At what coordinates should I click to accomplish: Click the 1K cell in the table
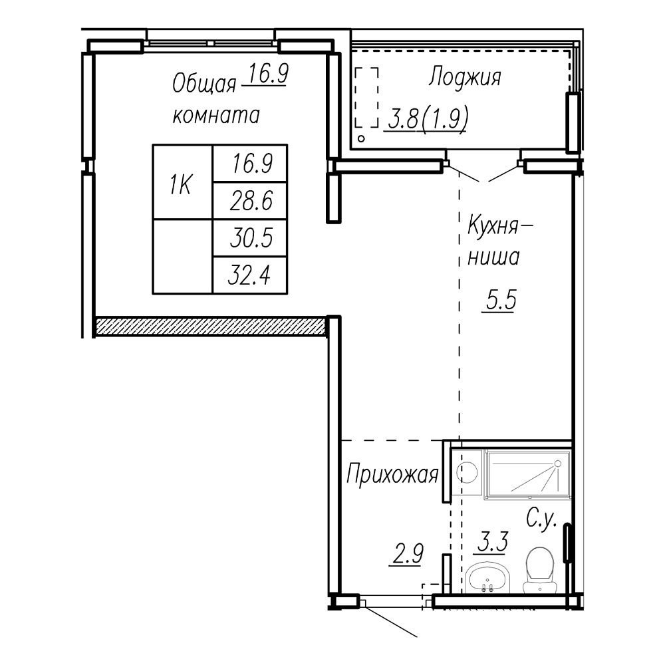coord(182,182)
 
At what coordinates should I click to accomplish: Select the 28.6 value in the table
coord(251,201)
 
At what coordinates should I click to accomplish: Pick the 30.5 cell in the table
coord(251,237)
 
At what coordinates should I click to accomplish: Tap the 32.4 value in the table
coord(249,275)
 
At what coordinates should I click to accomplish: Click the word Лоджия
coord(465,77)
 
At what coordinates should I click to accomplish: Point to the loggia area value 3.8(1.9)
coord(428,118)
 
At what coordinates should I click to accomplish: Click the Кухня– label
coord(499,225)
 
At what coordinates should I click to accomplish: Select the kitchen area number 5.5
coord(501,300)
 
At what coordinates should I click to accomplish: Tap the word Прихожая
coord(392,474)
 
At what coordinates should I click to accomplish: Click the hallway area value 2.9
coord(407,554)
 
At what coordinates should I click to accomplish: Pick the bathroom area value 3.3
coord(492,541)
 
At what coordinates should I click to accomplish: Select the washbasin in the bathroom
coord(487,577)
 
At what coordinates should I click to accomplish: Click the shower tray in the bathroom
coord(528,473)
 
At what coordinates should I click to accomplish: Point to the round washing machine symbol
coord(467,472)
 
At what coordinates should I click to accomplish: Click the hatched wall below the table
coord(210,326)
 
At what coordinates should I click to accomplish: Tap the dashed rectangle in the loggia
coord(366,97)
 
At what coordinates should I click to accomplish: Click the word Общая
coord(204,84)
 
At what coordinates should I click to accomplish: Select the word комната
coord(216,115)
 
